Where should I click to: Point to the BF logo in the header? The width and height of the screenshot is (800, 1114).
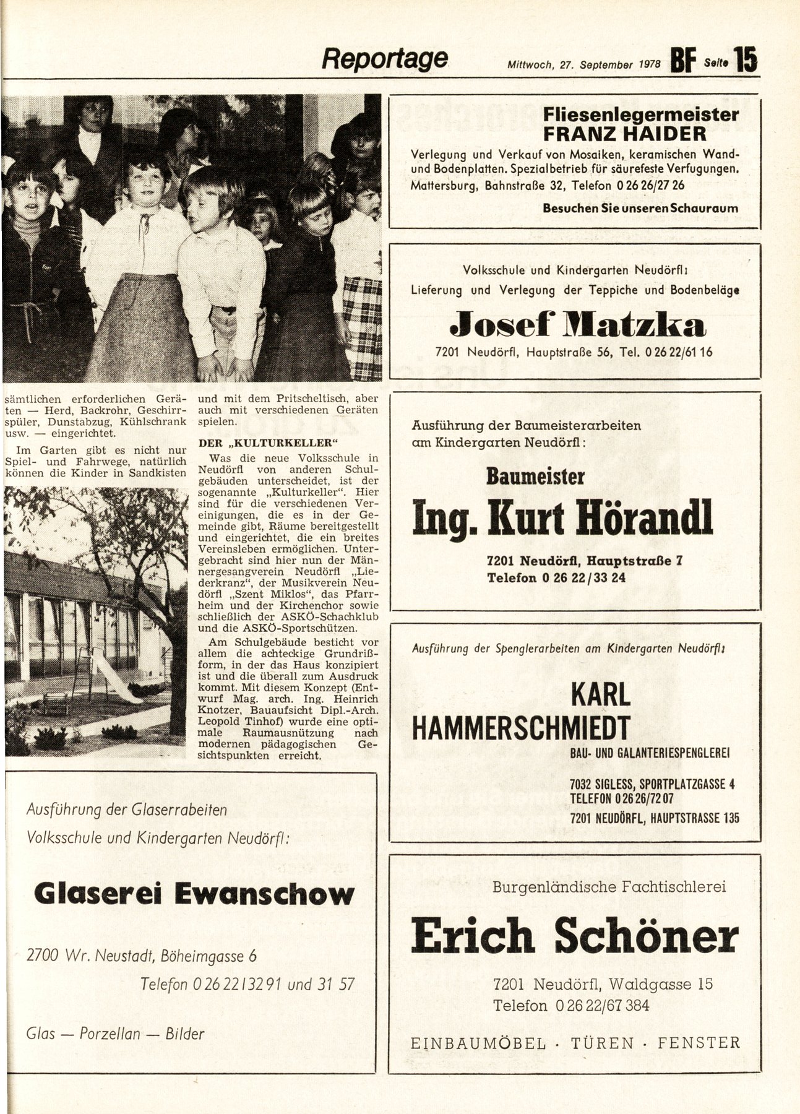(684, 62)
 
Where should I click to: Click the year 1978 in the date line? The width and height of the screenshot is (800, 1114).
(648, 64)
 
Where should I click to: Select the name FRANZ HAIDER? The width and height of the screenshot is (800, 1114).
(624, 134)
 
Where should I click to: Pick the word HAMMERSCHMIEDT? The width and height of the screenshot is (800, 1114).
(521, 727)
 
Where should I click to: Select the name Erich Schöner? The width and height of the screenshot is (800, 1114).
(574, 936)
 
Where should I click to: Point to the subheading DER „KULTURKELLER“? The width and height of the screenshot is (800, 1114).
(269, 443)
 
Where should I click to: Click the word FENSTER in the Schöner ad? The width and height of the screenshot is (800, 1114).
(699, 1043)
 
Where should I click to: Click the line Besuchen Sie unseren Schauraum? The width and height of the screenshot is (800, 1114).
(640, 208)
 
